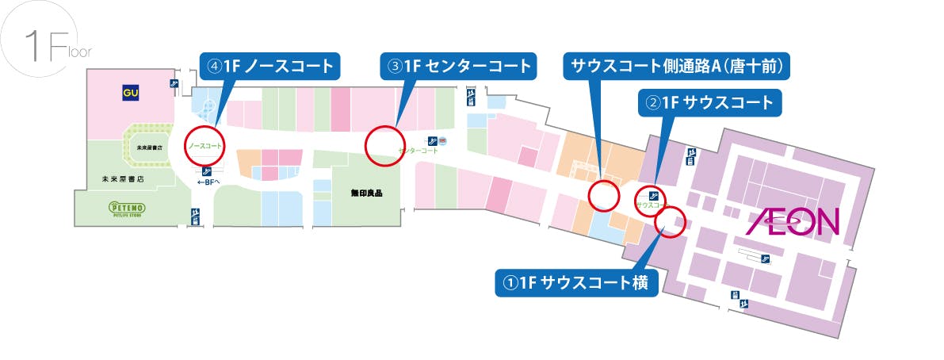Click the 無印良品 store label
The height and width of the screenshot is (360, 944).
tap(356, 192)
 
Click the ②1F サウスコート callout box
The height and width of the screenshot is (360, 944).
tap(711, 102)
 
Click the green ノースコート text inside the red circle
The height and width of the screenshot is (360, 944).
tap(204, 147)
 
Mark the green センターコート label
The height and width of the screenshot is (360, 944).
tap(418, 150)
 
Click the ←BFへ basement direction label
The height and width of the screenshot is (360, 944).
tap(206, 182)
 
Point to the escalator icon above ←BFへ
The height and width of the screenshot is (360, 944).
tap(207, 170)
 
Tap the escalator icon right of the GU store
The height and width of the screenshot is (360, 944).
tap(174, 83)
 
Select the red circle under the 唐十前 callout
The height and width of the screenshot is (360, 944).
tap(603, 193)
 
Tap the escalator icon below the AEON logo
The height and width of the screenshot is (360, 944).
tap(765, 259)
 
